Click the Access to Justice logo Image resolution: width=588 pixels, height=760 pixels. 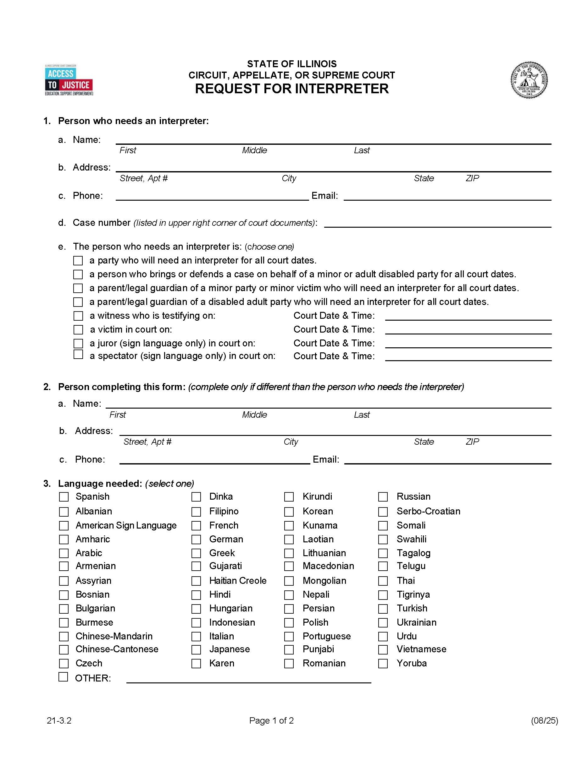pyautogui.click(x=69, y=80)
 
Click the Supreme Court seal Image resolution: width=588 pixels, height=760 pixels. pyautogui.click(x=529, y=80)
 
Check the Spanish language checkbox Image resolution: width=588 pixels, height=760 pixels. pyautogui.click(x=64, y=497)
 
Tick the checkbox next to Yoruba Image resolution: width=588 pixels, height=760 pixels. pyautogui.click(x=383, y=664)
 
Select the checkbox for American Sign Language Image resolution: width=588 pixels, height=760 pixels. pyautogui.click(x=64, y=525)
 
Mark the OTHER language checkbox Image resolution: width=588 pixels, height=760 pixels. pyautogui.click(x=63, y=677)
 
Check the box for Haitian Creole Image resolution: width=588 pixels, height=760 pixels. pyautogui.click(x=196, y=581)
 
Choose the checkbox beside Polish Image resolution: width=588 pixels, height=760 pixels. pyautogui.click(x=289, y=622)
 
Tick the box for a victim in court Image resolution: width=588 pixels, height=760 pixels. pyautogui.click(x=78, y=329)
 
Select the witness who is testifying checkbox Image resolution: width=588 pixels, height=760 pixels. pyautogui.click(x=78, y=316)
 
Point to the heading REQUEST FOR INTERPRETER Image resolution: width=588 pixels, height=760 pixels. pyautogui.click(x=291, y=89)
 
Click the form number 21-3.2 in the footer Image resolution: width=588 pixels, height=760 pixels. pyautogui.click(x=59, y=720)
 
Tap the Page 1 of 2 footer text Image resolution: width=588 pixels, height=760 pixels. pyautogui.click(x=271, y=720)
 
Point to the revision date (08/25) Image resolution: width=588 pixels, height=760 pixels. pyautogui.click(x=544, y=720)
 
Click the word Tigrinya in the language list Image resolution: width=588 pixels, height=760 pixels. pyautogui.click(x=413, y=594)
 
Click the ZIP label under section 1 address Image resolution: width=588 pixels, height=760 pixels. pyautogui.click(x=472, y=178)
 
